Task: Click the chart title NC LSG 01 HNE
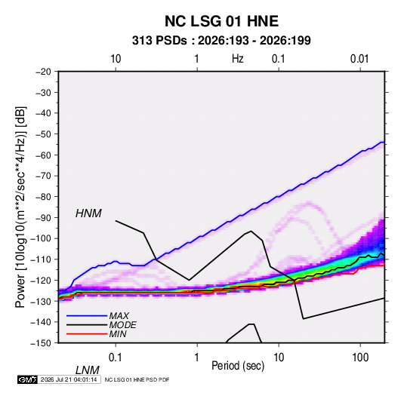tap(221, 21)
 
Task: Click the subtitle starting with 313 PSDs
tap(221, 41)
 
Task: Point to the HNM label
tap(88, 213)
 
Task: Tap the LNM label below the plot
tap(87, 370)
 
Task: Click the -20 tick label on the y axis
tap(43, 72)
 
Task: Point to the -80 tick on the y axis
tap(43, 197)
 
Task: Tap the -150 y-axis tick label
tap(41, 343)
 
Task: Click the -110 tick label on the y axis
tap(41, 259)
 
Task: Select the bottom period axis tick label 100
tap(360, 358)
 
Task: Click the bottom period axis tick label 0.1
tap(116, 358)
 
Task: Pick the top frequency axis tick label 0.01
tap(359, 59)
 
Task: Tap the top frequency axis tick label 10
tap(116, 59)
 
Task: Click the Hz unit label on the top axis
tap(238, 59)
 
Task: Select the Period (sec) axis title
tap(238, 366)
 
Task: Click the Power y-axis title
tap(20, 207)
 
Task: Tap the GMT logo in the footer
tap(27, 379)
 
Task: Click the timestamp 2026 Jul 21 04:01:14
tap(69, 379)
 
